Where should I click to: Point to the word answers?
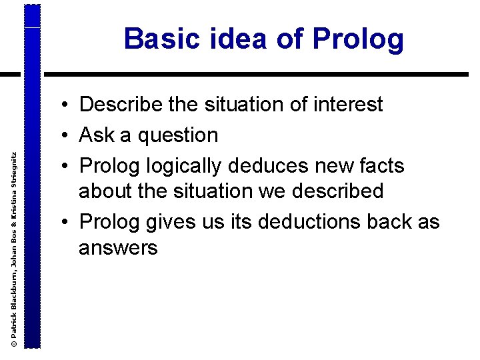coord(118,249)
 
